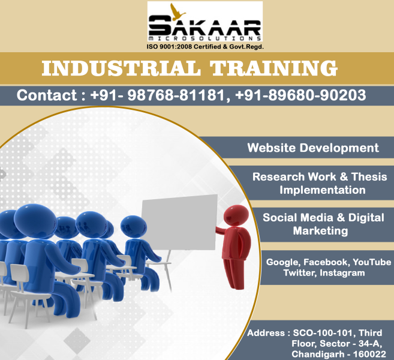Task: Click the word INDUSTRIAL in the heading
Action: tap(121, 68)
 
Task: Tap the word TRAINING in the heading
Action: tap(273, 68)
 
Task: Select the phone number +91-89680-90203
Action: tap(300, 95)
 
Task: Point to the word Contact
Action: tap(47, 95)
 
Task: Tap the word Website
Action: tap(272, 148)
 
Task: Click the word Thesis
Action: tap(369, 176)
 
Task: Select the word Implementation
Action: tap(323, 190)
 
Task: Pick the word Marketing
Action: tap(320, 231)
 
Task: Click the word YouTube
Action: tap(372, 262)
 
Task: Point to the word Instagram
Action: tap(342, 273)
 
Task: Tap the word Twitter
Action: tap(300, 273)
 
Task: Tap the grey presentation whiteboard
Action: tap(179, 223)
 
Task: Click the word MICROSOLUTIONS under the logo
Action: tap(204, 38)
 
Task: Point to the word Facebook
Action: tap(325, 262)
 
